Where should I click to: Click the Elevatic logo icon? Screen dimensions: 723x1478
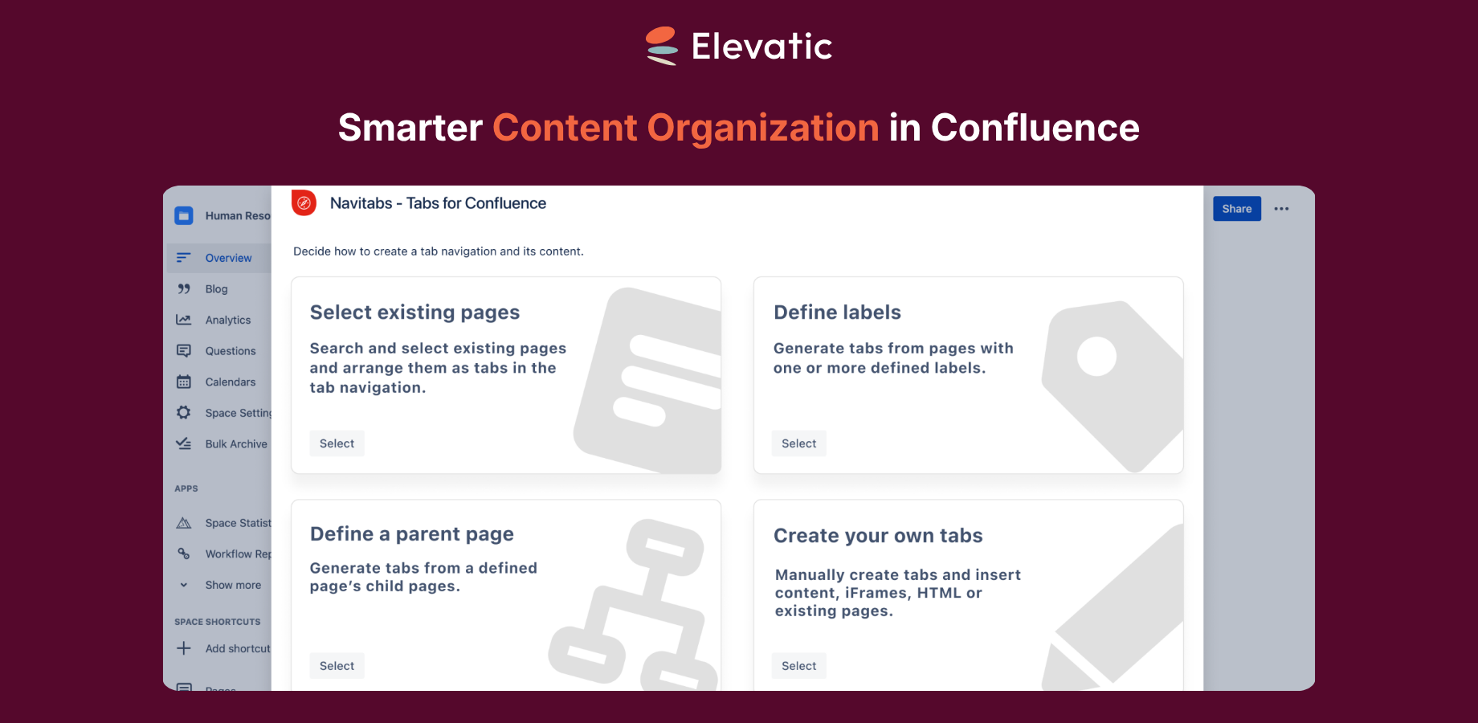[663, 46]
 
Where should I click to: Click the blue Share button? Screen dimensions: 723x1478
[1236, 209]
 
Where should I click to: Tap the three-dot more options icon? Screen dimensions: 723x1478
[1281, 209]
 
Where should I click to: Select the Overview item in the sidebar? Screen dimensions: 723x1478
[228, 258]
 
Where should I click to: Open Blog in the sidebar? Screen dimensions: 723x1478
[216, 289]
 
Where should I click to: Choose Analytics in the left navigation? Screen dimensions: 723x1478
[227, 320]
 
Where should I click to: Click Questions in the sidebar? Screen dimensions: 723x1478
[230, 351]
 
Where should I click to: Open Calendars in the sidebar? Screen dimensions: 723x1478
[230, 382]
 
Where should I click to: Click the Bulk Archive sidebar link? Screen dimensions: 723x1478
[235, 444]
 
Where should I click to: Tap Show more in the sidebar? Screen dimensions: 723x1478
[232, 586]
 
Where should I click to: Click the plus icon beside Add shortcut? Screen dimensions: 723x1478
[184, 648]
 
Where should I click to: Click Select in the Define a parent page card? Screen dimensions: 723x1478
[337, 666]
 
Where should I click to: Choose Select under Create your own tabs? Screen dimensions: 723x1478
[798, 666]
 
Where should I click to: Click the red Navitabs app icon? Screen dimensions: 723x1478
[304, 203]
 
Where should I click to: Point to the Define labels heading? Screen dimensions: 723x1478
[837, 312]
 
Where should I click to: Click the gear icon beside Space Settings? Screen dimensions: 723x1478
[184, 413]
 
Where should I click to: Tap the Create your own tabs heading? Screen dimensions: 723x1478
[878, 536]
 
